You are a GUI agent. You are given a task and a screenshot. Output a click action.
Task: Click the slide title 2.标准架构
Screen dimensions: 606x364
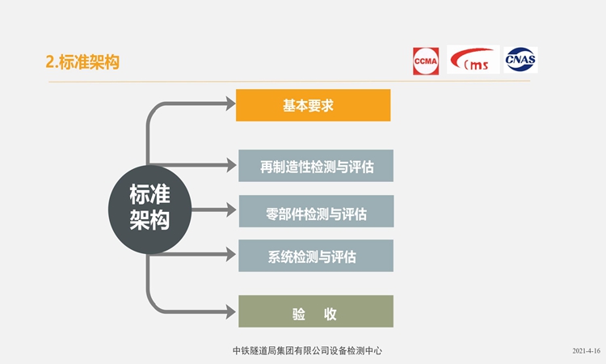pyautogui.click(x=82, y=62)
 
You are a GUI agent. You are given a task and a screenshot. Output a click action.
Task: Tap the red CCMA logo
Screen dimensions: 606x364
pyautogui.click(x=426, y=61)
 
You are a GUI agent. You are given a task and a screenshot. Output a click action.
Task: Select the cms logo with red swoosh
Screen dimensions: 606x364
pyautogui.click(x=473, y=60)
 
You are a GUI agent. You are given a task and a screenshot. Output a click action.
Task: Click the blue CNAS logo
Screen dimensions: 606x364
pyautogui.click(x=520, y=60)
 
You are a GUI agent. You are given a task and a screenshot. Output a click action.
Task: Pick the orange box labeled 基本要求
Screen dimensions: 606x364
pyautogui.click(x=313, y=105)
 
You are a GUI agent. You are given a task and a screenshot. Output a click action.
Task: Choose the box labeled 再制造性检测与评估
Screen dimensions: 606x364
pyautogui.click(x=316, y=166)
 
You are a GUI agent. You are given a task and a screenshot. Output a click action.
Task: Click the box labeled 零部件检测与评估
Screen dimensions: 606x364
pyautogui.click(x=316, y=211)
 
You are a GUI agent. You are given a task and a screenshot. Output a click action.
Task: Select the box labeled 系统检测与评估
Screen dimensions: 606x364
pyautogui.click(x=316, y=256)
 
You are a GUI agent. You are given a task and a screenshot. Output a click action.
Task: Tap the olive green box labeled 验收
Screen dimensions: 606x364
pyautogui.click(x=316, y=311)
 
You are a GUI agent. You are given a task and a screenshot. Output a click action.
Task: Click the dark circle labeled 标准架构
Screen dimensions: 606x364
pyautogui.click(x=150, y=210)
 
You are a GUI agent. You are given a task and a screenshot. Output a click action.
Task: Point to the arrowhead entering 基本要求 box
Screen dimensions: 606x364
pyautogui.click(x=231, y=104)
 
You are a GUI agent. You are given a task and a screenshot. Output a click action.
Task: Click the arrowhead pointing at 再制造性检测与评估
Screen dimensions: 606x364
pyautogui.click(x=232, y=165)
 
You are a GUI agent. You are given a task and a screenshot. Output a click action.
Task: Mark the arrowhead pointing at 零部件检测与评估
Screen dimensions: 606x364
pyautogui.click(x=232, y=210)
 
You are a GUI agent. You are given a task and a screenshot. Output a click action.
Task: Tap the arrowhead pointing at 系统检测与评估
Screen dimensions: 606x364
pyautogui.click(x=231, y=255)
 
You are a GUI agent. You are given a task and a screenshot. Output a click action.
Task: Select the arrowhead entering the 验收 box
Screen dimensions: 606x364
pyautogui.click(x=231, y=311)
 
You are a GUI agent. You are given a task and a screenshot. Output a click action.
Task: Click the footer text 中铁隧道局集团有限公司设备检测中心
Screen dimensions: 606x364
pyautogui.click(x=307, y=351)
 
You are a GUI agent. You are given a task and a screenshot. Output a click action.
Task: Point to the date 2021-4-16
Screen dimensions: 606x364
pyautogui.click(x=587, y=351)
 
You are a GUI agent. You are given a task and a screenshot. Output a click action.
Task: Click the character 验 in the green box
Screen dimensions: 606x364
pyautogui.click(x=299, y=314)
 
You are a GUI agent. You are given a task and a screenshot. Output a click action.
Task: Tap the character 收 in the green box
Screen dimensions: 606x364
pyautogui.click(x=330, y=314)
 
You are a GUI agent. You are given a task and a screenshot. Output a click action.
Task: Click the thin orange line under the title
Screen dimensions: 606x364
pyautogui.click(x=289, y=82)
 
